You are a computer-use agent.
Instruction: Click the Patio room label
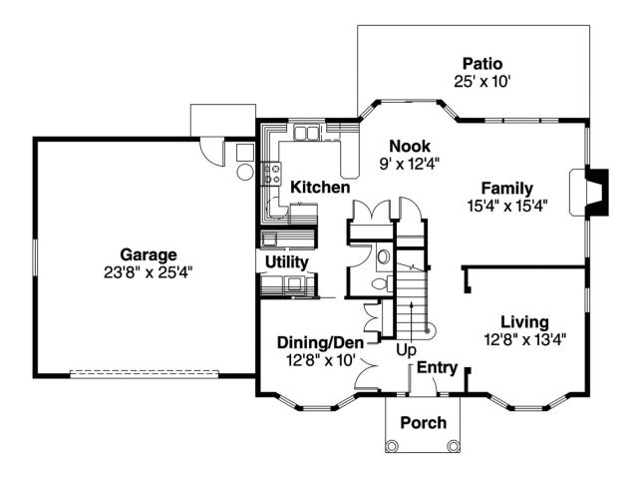[x=482, y=64]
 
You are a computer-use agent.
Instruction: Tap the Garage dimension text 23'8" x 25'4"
[x=148, y=272]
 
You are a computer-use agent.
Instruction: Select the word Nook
[x=410, y=146]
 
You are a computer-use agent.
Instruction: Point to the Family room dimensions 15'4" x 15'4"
[x=507, y=206]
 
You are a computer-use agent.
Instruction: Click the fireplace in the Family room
[x=589, y=192]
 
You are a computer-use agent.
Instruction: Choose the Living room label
[x=524, y=321]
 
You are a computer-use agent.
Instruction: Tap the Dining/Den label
[x=320, y=342]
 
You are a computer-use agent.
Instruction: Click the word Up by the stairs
[x=406, y=350]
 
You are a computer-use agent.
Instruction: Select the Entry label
[x=437, y=367]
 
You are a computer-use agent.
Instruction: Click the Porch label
[x=423, y=422]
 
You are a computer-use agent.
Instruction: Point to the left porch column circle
[x=392, y=445]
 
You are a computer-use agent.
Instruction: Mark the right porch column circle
[x=453, y=445]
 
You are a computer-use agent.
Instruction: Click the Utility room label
[x=287, y=261]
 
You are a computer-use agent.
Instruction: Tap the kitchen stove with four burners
[x=271, y=173]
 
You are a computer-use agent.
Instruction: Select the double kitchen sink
[x=306, y=133]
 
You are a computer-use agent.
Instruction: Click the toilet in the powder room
[x=383, y=283]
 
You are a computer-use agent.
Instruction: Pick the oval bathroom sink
[x=383, y=256]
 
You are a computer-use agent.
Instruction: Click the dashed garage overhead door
[x=144, y=372]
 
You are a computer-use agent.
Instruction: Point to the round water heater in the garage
[x=245, y=172]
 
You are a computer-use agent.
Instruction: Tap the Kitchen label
[x=320, y=188]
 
